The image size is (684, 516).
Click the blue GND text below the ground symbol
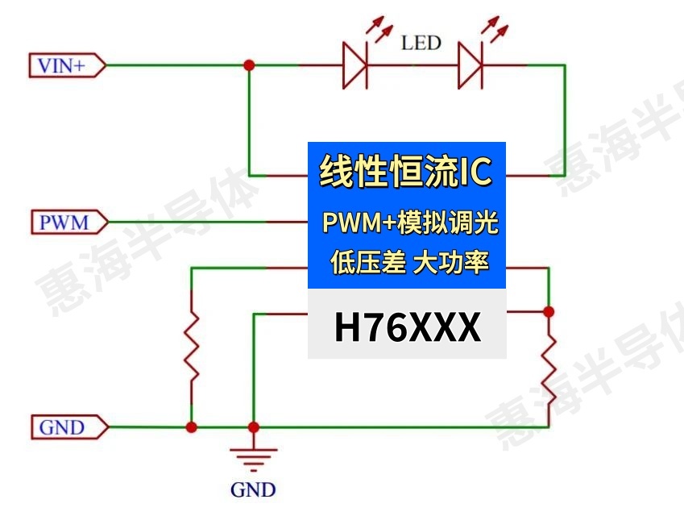tap(253, 489)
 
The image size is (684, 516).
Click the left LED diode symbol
tap(355, 65)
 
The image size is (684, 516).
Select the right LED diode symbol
tap(470, 65)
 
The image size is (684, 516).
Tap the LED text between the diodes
tap(421, 43)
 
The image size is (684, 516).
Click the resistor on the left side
tap(192, 347)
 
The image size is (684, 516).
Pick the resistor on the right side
tap(549, 366)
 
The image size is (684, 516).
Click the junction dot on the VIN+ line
tap(250, 65)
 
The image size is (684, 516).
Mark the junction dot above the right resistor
tap(549, 310)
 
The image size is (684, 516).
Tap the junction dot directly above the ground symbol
tap(253, 427)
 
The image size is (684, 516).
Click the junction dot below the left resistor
tap(192, 427)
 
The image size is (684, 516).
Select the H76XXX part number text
tap(407, 328)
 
